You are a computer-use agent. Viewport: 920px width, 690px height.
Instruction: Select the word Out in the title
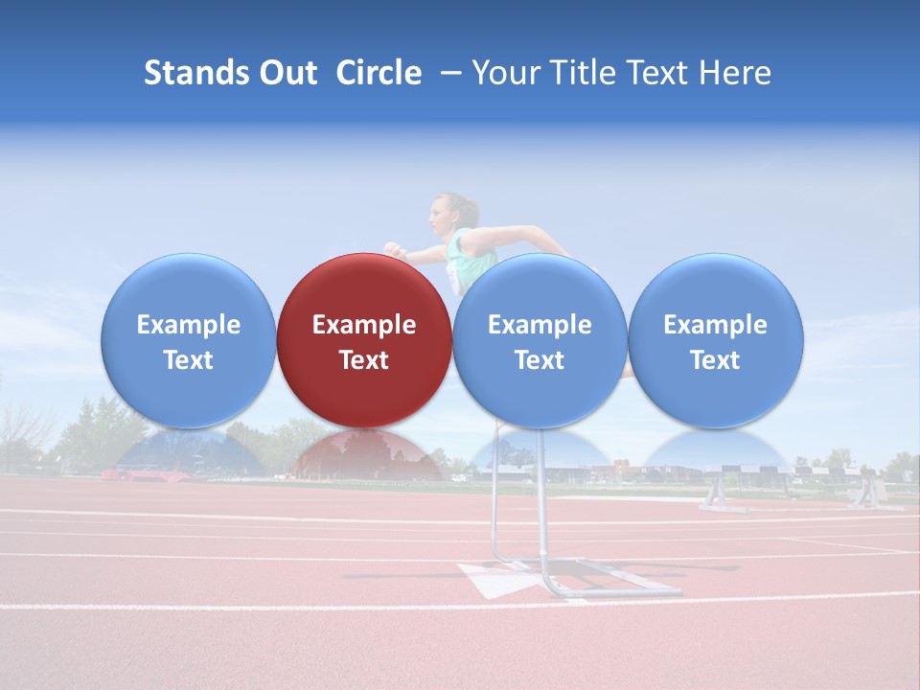coord(288,73)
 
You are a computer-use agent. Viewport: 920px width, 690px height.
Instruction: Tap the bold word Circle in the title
coord(379,73)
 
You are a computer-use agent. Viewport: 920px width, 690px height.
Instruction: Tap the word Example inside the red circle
coord(364,325)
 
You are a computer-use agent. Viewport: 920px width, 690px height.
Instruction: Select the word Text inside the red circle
coord(364,360)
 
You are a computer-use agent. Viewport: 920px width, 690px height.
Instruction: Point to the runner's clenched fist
coord(394,250)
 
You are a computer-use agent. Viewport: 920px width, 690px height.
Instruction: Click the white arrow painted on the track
coord(494,579)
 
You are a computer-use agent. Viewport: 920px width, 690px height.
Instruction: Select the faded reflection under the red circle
coord(365,456)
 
